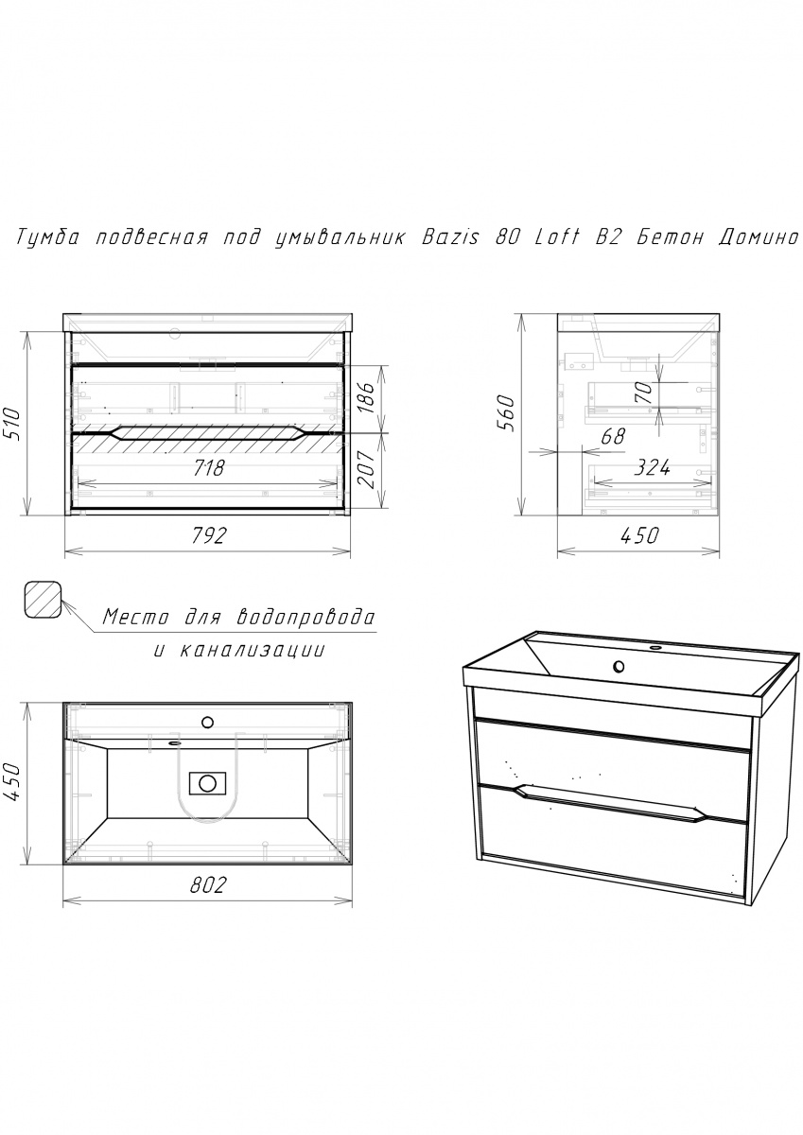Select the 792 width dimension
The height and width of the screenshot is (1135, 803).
[x=208, y=535]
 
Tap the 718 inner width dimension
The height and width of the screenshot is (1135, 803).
[x=208, y=468]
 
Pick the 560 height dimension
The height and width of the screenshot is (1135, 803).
[x=505, y=413]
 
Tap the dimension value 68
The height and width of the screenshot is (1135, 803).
[x=613, y=436]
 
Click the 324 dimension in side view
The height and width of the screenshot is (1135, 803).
[x=653, y=467]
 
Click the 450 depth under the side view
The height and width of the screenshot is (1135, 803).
[x=639, y=535]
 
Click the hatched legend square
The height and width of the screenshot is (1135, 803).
[x=44, y=599]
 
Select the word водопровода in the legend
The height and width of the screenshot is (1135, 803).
[x=306, y=618]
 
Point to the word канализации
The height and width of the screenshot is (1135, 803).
[x=253, y=651]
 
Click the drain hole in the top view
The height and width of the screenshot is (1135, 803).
[x=207, y=783]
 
